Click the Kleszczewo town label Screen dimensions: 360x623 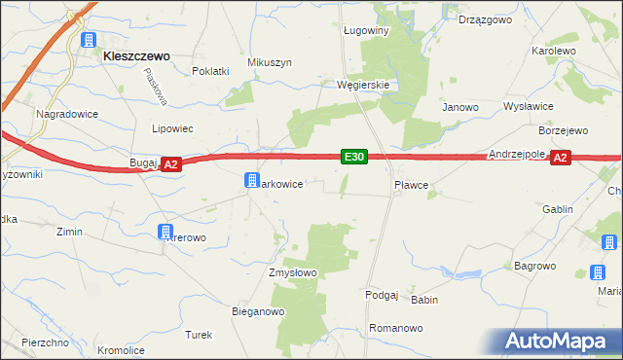[136, 56]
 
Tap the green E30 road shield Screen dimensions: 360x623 [354, 157]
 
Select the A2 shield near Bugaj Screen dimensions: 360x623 [170, 164]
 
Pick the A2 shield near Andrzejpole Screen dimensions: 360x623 [560, 158]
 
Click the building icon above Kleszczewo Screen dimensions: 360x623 [89, 40]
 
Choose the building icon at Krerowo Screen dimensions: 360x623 [165, 232]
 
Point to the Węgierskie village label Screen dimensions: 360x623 [363, 85]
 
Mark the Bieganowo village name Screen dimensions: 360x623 [257, 311]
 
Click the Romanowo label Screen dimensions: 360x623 [397, 329]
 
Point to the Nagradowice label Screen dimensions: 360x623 [65, 114]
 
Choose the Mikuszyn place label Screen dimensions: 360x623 [270, 62]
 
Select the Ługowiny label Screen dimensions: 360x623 [366, 30]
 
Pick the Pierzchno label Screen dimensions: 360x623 [45, 342]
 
